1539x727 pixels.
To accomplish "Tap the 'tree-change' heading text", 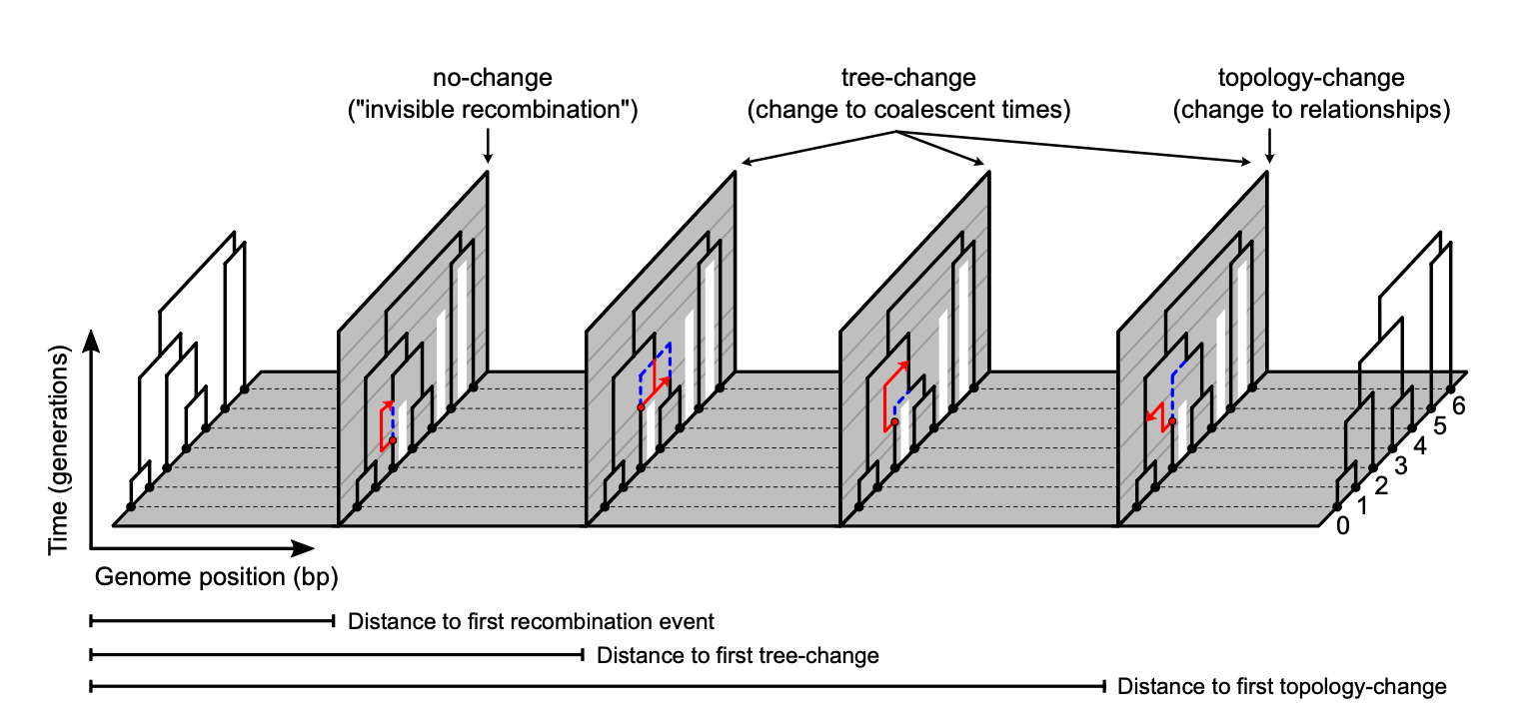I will click(908, 78).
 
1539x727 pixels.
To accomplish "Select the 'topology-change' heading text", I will click(1311, 78).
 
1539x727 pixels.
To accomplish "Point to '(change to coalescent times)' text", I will click(908, 110).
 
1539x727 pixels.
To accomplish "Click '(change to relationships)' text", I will click(1311, 110).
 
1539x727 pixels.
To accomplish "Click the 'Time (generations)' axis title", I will click(59, 451).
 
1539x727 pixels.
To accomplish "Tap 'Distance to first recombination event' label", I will click(531, 622).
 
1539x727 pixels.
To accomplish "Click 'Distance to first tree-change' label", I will click(738, 655).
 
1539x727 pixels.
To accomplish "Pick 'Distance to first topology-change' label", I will click(1282, 687).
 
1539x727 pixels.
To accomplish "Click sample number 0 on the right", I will click(1342, 525).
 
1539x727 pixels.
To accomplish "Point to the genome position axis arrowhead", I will click(306, 548).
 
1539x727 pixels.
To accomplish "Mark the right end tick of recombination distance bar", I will click(334, 622).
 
